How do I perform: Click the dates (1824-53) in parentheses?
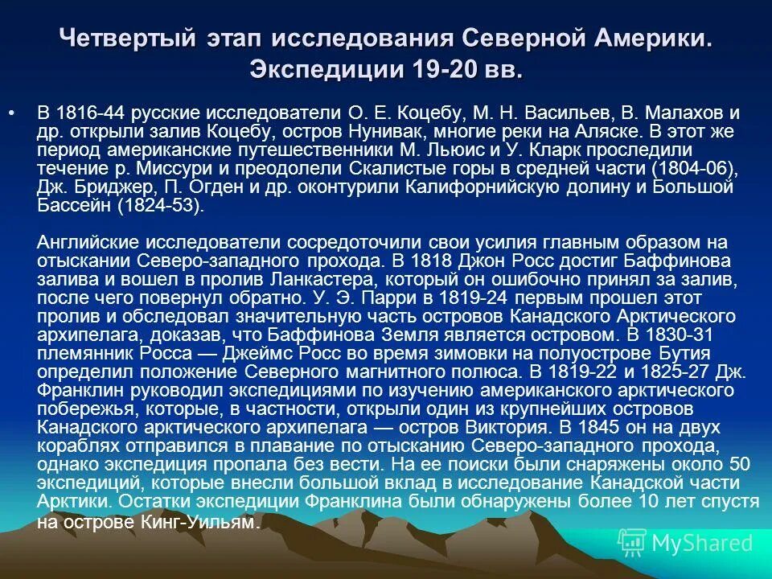[162, 207]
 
